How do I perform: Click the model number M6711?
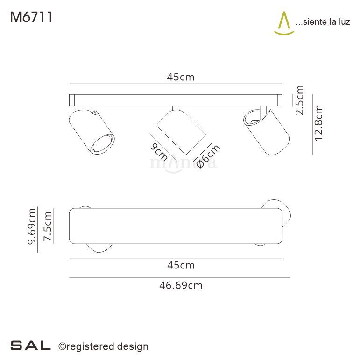(x=30, y=17)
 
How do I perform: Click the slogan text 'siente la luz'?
(x=323, y=22)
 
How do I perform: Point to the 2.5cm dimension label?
(x=300, y=100)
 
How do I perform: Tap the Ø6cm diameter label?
(x=208, y=156)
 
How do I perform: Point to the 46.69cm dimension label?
(x=180, y=285)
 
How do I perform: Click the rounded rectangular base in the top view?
(x=176, y=226)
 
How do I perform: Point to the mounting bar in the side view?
(x=176, y=100)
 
